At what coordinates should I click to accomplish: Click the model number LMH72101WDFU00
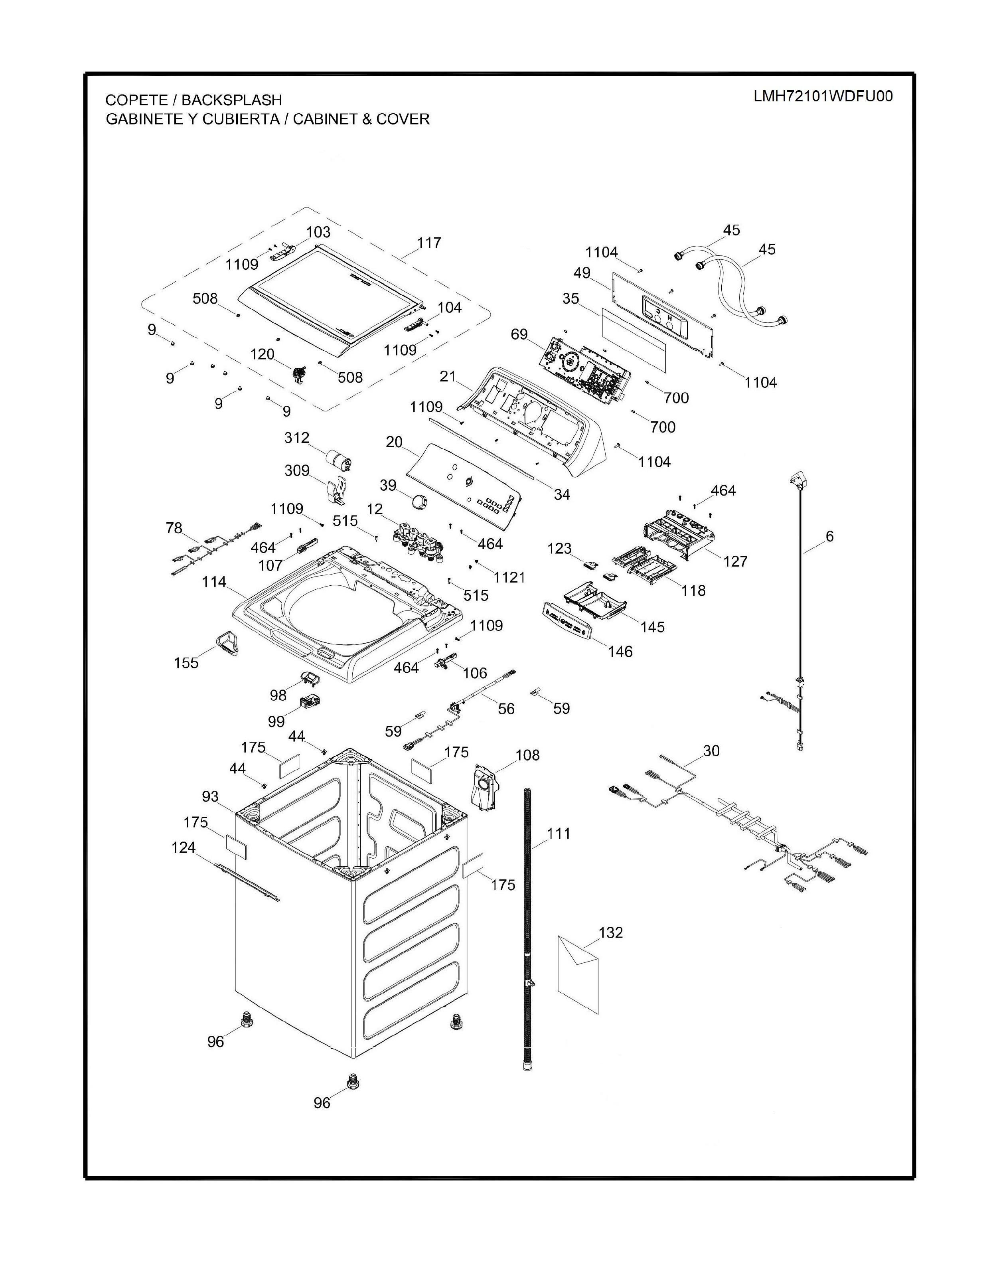coord(823,97)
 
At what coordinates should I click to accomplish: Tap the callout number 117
coord(429,243)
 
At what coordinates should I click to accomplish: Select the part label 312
coord(297,438)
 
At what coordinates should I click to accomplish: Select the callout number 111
coord(559,834)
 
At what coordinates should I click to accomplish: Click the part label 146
coord(620,651)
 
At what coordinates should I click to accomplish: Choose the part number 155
coord(186,663)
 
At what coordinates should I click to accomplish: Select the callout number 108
coord(527,755)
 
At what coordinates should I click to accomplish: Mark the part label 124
coord(184,847)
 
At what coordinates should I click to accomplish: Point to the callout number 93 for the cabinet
coord(210,796)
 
